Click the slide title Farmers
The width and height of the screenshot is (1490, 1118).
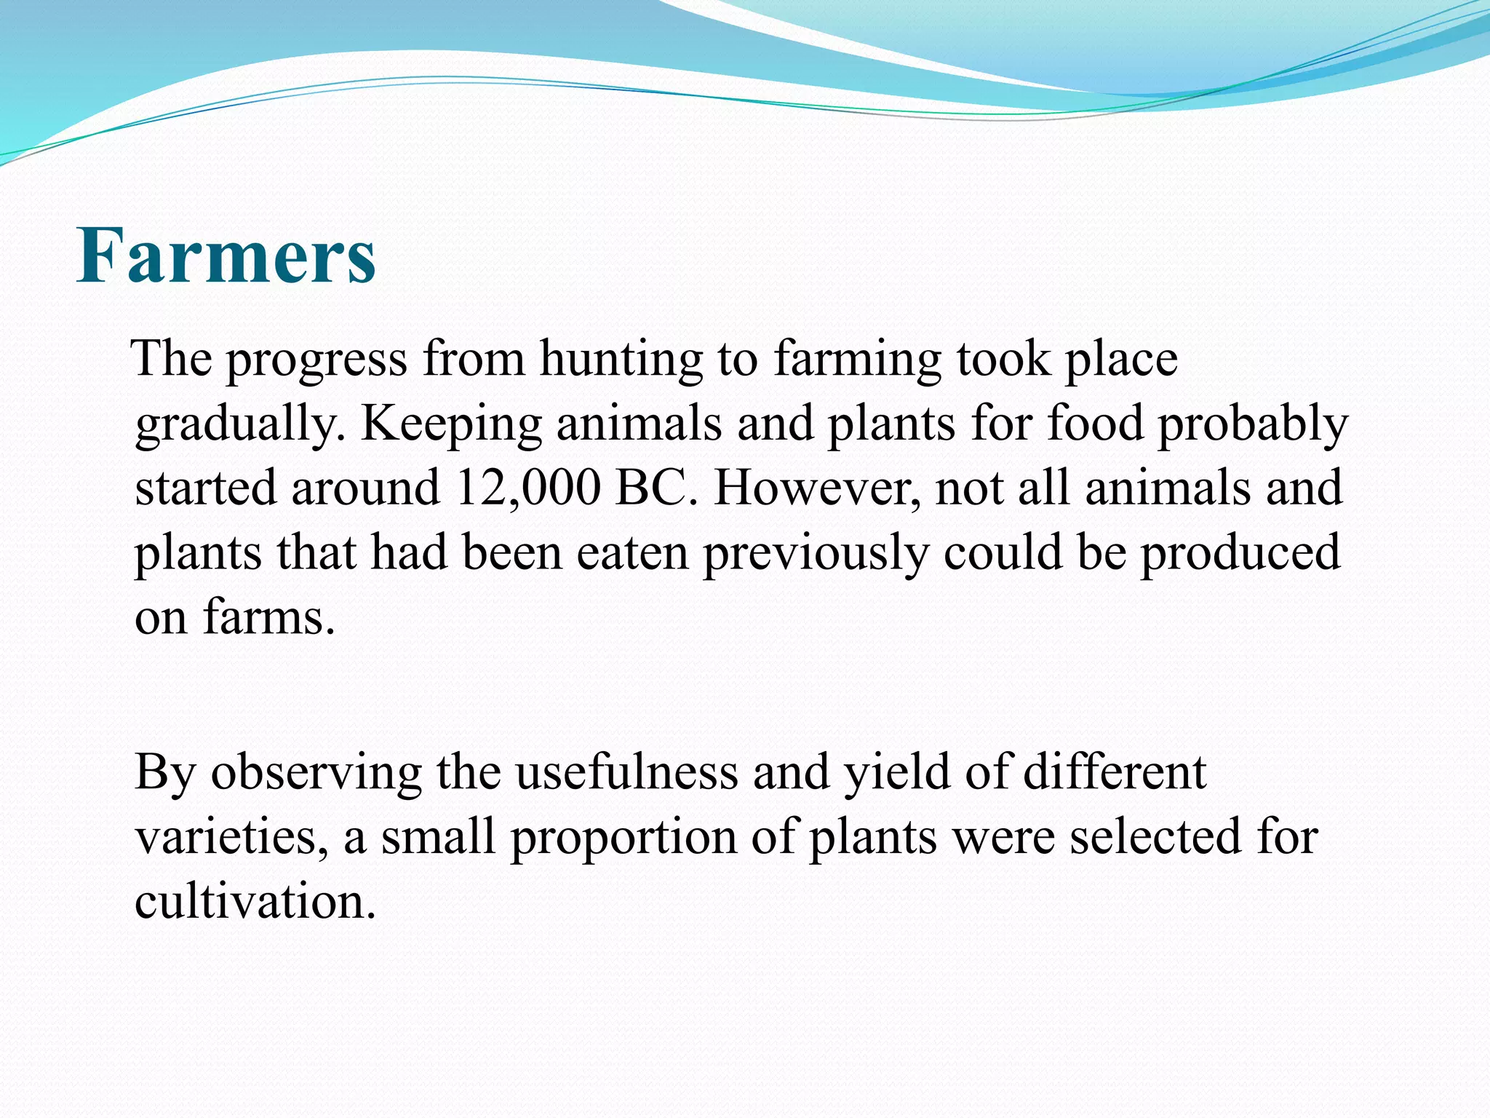[x=226, y=255]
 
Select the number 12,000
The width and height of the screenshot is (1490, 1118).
[x=528, y=488]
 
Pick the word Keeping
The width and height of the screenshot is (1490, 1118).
[x=451, y=424]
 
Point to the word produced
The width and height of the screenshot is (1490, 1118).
[x=1240, y=552]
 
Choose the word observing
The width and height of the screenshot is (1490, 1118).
[x=316, y=773]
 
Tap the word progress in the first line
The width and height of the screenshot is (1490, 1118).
[x=316, y=360]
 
